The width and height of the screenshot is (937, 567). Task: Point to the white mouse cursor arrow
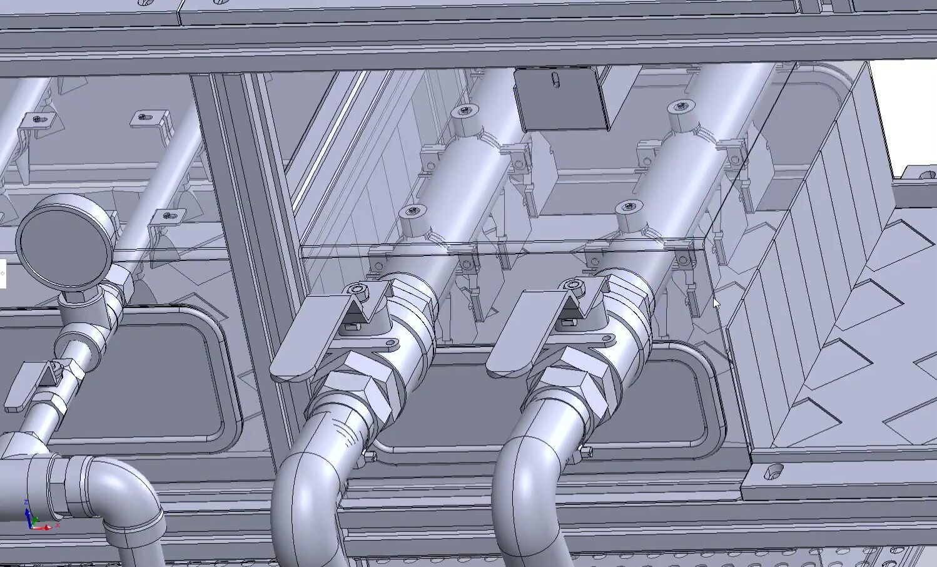(x=716, y=304)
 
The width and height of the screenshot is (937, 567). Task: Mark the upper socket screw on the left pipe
(x=463, y=111)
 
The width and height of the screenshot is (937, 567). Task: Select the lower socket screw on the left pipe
(x=412, y=212)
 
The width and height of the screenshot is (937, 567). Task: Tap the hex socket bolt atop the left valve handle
(x=357, y=289)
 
